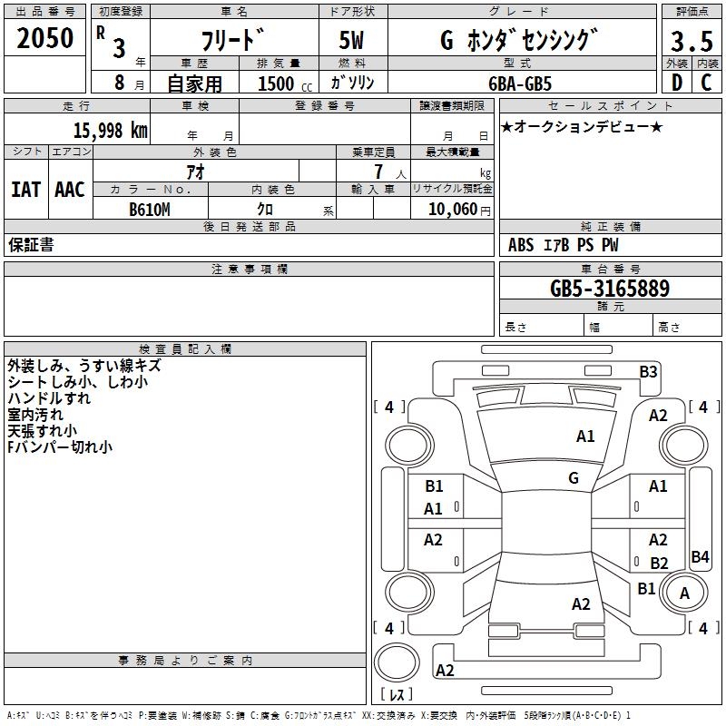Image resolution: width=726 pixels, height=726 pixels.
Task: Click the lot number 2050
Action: coord(45,37)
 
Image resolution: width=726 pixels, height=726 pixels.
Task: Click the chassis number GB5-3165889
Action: coord(610,289)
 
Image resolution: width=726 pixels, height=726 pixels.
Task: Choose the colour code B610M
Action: coord(149,209)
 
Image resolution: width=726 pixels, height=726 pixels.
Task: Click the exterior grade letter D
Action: coord(676,83)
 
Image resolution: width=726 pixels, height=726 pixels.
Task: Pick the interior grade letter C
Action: coord(706,83)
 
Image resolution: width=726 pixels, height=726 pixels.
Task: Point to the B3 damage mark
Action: coord(648,371)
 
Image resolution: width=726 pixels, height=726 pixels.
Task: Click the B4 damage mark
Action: coord(700,557)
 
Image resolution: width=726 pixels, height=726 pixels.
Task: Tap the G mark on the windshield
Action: coord(574,478)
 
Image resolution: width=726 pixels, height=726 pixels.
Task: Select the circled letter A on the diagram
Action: coord(685,594)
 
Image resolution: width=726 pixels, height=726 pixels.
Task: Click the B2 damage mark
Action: coord(659,564)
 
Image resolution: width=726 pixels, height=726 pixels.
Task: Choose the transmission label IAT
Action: coord(25,189)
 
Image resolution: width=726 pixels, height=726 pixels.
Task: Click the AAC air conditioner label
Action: coord(69,189)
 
